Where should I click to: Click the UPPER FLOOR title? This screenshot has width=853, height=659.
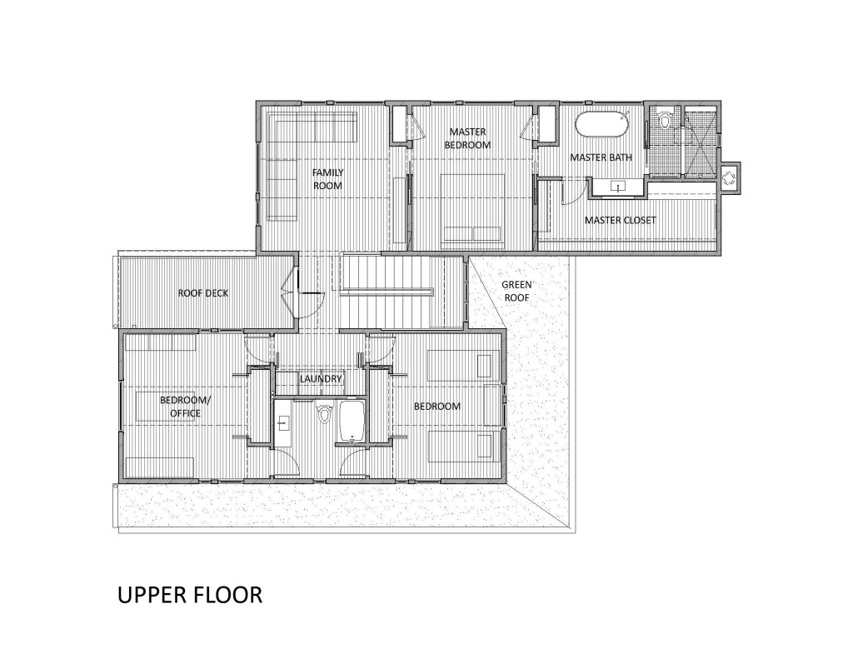coord(190,595)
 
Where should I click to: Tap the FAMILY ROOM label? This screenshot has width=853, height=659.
coord(327,179)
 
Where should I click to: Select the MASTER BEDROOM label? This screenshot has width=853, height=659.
coord(467,138)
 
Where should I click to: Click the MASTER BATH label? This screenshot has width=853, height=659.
coord(601,157)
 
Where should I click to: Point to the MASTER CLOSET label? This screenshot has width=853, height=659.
coord(620,221)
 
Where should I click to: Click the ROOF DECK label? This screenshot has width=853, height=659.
coord(203,293)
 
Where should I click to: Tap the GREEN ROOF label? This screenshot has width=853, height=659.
coord(516,291)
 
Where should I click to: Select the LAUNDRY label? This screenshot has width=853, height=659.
coord(321,379)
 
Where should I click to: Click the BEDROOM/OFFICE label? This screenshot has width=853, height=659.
coord(185,407)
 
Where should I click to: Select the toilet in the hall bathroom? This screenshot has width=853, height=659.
coord(325,413)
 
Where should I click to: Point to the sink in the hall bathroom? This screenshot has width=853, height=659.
coord(282,422)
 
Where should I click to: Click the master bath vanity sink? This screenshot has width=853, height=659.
coord(619,186)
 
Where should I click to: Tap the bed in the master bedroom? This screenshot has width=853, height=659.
coord(472,207)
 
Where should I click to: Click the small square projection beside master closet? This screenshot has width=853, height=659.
coord(728,177)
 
